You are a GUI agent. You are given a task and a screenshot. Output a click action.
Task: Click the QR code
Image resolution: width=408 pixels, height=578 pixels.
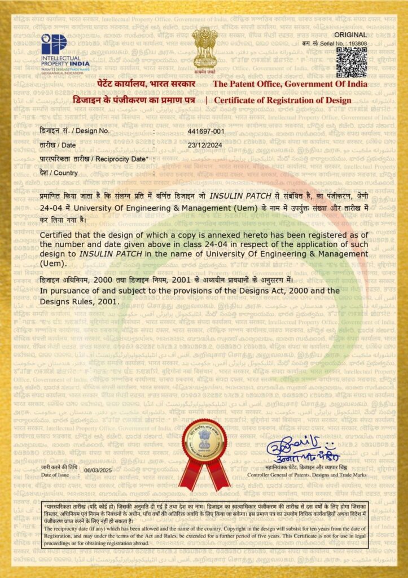(352, 62)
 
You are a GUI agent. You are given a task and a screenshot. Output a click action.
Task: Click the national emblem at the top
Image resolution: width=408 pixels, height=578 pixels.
(204, 47)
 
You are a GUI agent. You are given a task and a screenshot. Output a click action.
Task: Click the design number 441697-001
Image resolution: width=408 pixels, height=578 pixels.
(206, 131)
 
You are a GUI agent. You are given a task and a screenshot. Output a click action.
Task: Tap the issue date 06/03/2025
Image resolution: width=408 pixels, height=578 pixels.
(98, 470)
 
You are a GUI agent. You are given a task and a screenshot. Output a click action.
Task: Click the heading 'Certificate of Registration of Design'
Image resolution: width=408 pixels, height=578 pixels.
(282, 100)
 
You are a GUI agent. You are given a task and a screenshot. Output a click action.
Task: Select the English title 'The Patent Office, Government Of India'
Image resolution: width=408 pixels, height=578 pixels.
(289, 84)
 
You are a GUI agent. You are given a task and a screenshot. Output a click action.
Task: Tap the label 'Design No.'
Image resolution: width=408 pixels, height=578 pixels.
(90, 131)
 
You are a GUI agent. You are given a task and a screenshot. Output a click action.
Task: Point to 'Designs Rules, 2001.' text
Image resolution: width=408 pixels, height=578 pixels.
(80, 301)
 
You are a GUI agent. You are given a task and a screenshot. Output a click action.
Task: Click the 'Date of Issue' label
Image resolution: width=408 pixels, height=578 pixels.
(55, 475)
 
